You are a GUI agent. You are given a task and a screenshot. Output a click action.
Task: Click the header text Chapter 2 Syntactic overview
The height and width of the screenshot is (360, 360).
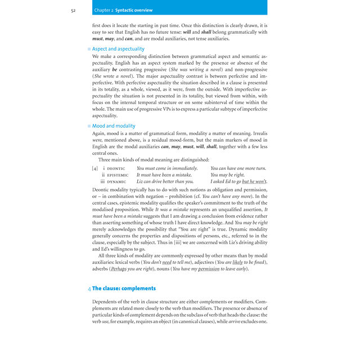(x=124, y=10)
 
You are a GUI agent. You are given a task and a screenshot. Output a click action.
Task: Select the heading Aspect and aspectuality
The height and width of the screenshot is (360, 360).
(x=118, y=49)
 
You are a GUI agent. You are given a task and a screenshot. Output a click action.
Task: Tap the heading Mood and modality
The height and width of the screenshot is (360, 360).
(x=114, y=126)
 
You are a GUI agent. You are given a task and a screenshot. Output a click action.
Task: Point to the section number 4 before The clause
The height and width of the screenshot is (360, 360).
(x=89, y=288)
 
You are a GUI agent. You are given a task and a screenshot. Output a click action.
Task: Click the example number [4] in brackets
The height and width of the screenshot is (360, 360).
(x=95, y=168)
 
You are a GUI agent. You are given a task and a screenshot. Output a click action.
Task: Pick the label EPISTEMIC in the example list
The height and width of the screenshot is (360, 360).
(x=118, y=175)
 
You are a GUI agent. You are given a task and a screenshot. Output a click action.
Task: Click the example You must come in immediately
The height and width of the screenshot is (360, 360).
(x=167, y=168)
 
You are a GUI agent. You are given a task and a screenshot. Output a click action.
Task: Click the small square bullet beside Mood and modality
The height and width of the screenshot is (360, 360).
(x=89, y=127)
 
